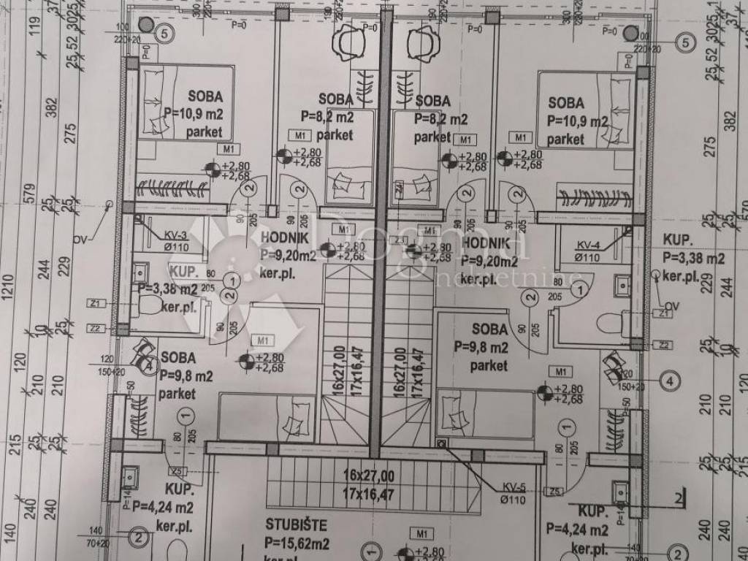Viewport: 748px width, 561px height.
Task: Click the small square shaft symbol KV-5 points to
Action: pyautogui.click(x=442, y=443)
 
